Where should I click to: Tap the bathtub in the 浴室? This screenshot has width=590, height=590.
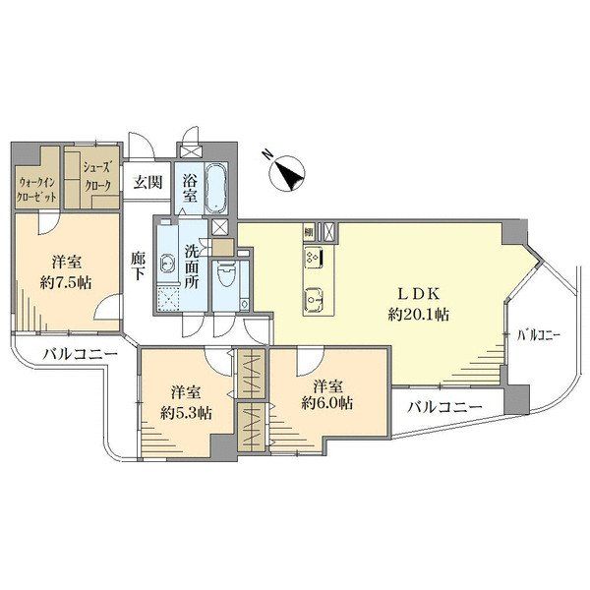point(216,188)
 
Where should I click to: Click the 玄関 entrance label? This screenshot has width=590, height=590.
point(148,183)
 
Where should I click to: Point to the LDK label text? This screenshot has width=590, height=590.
point(419,294)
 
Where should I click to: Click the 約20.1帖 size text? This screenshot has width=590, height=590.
point(419,314)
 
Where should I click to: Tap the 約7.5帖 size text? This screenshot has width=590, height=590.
point(66,282)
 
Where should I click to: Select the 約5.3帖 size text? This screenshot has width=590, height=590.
point(186,414)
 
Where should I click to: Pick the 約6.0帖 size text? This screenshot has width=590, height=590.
point(327,404)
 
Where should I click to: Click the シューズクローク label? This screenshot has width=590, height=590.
point(97,177)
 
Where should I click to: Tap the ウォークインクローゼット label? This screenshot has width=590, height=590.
point(37,189)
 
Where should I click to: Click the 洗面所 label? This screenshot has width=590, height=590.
point(192,267)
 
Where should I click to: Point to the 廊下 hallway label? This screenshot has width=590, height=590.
point(138,266)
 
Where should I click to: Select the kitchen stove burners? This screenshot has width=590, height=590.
point(315,258)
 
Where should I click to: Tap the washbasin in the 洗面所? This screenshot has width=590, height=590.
point(166,263)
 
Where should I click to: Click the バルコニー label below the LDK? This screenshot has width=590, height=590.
point(445,407)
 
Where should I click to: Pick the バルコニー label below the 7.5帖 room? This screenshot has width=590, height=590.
point(80,354)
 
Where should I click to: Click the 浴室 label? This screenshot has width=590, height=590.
point(189,189)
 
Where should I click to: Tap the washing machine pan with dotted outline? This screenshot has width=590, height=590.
point(167,298)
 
